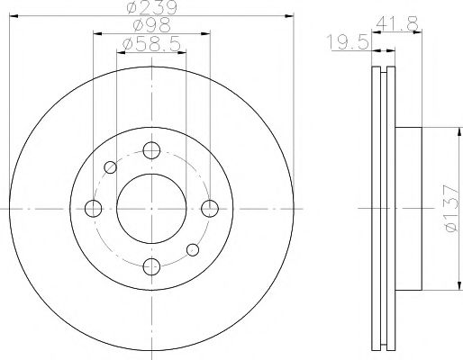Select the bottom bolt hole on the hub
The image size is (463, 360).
pyautogui.click(x=151, y=265)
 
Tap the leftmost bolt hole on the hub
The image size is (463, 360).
pyautogui.click(x=93, y=209)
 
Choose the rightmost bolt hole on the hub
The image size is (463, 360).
pyautogui.click(x=210, y=209)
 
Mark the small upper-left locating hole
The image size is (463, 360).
pyautogui.click(x=111, y=166)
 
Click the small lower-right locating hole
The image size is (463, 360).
pyautogui.click(x=192, y=249)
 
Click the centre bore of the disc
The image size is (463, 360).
pyautogui.click(x=151, y=208)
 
